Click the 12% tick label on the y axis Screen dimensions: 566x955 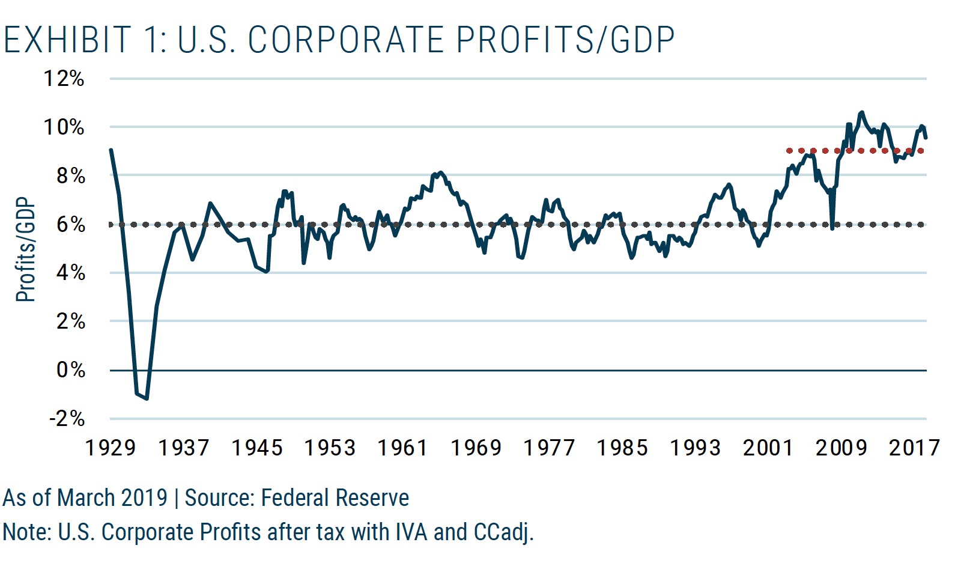coord(64,79)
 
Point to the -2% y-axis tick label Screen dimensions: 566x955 coord(67,418)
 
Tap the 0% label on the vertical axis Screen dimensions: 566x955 coord(70,370)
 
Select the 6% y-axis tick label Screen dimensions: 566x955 coord(70,224)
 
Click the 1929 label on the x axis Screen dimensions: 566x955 coord(111,448)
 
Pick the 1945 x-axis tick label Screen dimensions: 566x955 coord(256,448)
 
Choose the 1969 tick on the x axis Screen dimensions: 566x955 coord(476,448)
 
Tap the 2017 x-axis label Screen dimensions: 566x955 coord(914,448)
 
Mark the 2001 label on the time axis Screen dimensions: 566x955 coord(768,448)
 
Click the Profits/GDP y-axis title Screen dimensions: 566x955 coord(26,249)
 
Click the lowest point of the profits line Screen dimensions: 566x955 coord(147,398)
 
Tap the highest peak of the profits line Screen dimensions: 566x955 coord(862,112)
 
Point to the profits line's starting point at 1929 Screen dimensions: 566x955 coord(111,150)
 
